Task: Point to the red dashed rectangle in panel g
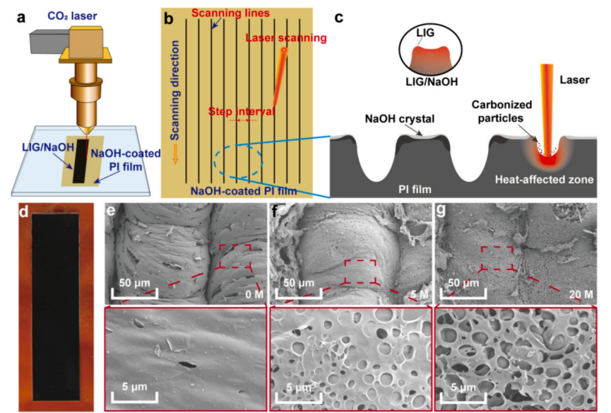point(497,258)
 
